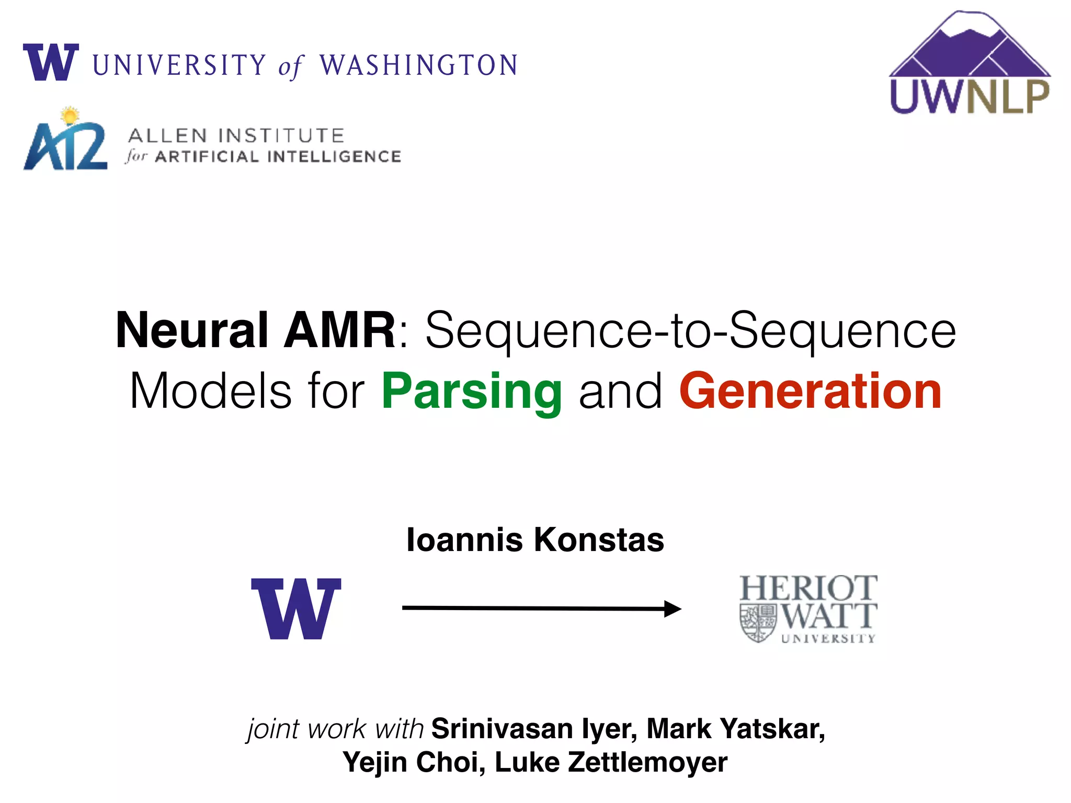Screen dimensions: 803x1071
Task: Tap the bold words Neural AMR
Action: (x=255, y=330)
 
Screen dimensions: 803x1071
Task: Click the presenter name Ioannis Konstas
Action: (x=535, y=540)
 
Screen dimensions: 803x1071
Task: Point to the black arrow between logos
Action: (x=541, y=608)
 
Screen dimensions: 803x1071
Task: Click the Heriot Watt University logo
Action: (x=808, y=609)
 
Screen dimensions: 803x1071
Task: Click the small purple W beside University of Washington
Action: (x=51, y=63)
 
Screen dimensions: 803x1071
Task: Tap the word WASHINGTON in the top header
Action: (x=418, y=66)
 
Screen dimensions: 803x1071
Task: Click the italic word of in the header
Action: (x=291, y=67)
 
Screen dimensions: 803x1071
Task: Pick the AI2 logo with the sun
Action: (x=65, y=141)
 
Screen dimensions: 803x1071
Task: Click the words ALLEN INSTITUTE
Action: (x=236, y=136)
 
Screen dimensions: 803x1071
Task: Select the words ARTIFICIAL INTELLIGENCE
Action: (x=278, y=157)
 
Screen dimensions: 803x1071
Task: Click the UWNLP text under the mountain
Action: (x=970, y=97)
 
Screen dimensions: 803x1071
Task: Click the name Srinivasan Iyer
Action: (x=533, y=729)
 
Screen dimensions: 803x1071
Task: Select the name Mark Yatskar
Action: (x=735, y=729)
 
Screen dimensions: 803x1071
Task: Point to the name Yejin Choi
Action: (x=414, y=762)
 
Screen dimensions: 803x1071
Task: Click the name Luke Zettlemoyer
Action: (x=611, y=762)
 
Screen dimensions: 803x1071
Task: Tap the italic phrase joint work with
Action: (x=335, y=729)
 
